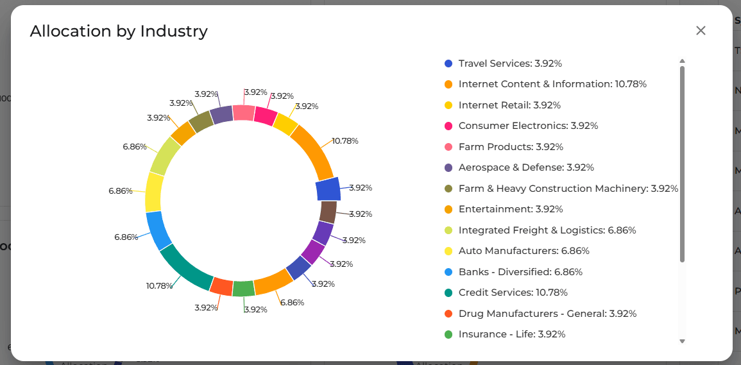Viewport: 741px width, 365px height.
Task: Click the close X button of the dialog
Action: (x=701, y=31)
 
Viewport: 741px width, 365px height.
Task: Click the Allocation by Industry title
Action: (x=119, y=31)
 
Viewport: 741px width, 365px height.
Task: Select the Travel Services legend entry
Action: (x=510, y=64)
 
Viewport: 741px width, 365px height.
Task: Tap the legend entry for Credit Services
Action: (x=513, y=293)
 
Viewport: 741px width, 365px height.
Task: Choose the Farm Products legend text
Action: (x=511, y=147)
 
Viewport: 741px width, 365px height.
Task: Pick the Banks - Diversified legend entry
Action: (x=520, y=272)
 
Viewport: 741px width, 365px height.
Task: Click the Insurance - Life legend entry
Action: (x=512, y=334)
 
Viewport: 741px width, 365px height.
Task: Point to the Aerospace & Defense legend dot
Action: (x=448, y=168)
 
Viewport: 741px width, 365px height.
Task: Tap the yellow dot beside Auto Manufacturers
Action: (x=448, y=251)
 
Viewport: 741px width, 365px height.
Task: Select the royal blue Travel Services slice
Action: (x=328, y=190)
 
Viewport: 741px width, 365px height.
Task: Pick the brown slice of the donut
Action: (x=328, y=212)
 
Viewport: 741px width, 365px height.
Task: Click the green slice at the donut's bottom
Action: (x=244, y=289)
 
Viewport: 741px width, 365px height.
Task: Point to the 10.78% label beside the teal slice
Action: (x=159, y=285)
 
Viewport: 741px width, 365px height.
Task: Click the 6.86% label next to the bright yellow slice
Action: (x=120, y=191)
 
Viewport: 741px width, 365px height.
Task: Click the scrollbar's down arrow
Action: (x=682, y=341)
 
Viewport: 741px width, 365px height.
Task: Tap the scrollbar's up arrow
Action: (x=682, y=62)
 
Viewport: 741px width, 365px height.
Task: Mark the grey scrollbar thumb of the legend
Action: (x=682, y=164)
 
